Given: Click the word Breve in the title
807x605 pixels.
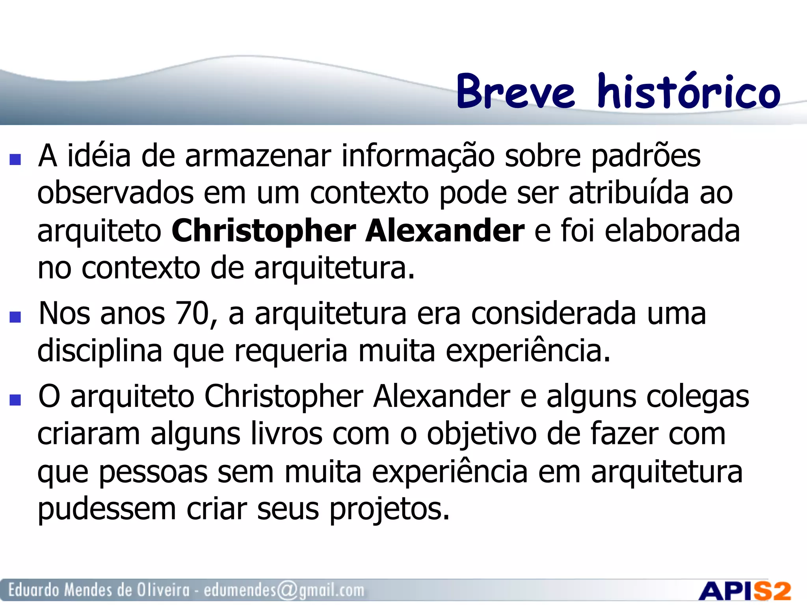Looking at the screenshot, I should pyautogui.click(x=515, y=92).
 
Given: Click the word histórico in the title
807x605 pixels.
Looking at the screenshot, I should pyautogui.click(x=688, y=91).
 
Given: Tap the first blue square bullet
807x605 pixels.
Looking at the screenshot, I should pyautogui.click(x=15, y=159).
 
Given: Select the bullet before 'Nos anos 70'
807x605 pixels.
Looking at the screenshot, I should pyautogui.click(x=15, y=317).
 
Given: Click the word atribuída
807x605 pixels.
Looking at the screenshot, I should pyautogui.click(x=628, y=193).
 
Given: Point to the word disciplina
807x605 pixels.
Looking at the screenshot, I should pyautogui.click(x=100, y=351).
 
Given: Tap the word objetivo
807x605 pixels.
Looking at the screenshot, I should pyautogui.click(x=482, y=434).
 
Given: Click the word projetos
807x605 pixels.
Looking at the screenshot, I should pyautogui.click(x=389, y=509).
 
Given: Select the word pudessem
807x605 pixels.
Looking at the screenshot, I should pyautogui.click(x=106, y=509).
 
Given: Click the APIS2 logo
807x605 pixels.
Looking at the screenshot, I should pyautogui.click(x=745, y=591).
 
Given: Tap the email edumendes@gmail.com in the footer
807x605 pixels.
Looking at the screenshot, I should pyautogui.click(x=284, y=590).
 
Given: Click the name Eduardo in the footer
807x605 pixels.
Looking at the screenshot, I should pyautogui.click(x=34, y=590).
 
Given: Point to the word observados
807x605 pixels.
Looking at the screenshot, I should pyautogui.click(x=115, y=193).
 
